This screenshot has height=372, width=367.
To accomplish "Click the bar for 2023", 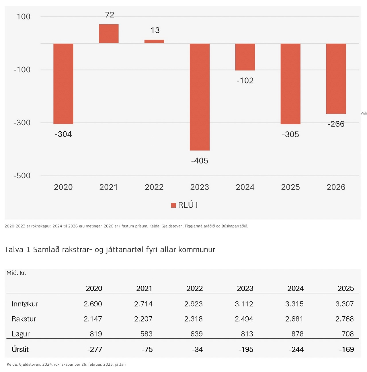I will click(x=200, y=97).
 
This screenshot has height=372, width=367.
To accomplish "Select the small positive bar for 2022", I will click(x=154, y=42).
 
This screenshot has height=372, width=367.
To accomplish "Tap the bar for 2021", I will click(x=109, y=34).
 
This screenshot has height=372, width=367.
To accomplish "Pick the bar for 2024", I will click(x=245, y=57).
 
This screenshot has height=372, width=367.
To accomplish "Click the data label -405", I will click(x=200, y=161).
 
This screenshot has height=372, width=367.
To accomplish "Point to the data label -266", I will click(x=336, y=124).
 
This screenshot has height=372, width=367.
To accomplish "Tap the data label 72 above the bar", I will click(x=110, y=15).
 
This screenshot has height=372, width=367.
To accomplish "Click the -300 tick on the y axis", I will click(x=22, y=122).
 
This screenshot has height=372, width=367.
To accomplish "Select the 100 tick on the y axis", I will click(x=23, y=17).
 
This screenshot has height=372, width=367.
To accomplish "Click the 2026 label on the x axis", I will click(x=336, y=187).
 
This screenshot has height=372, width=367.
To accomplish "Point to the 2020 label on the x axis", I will click(x=63, y=187).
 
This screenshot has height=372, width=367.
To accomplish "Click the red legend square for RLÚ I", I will click(x=173, y=205).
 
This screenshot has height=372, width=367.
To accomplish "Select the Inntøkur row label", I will click(x=25, y=304).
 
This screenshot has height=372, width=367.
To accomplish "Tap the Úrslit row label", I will click(x=20, y=349).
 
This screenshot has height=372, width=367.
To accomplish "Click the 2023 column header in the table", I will click(x=245, y=288).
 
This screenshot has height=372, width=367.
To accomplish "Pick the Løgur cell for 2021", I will click(x=146, y=334).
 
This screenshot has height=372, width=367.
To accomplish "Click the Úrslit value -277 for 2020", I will click(x=95, y=349).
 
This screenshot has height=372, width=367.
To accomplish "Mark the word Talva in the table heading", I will click(x=14, y=250).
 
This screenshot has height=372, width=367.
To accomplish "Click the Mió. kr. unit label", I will click(x=16, y=273).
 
